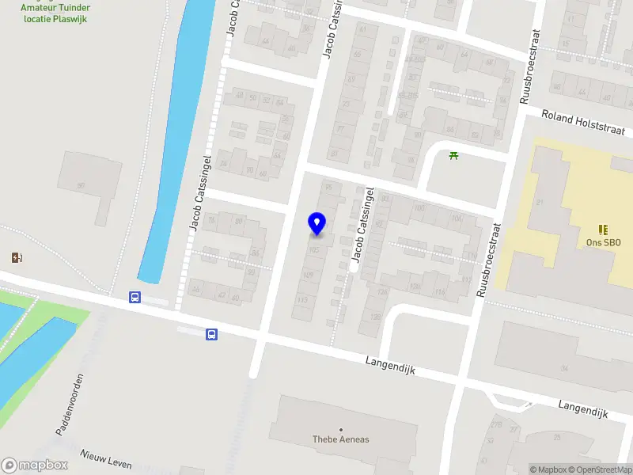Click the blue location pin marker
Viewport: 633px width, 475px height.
point(317,224)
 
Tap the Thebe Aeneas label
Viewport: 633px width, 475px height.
point(341,439)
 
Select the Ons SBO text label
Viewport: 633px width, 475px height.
point(603,243)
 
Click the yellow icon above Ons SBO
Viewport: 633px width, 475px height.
point(603,230)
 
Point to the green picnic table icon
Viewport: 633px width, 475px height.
point(453,155)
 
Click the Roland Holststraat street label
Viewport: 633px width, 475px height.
point(583,123)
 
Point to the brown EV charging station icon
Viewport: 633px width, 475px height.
point(17,256)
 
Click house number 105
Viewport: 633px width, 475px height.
point(315,249)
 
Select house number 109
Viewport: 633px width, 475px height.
point(308,275)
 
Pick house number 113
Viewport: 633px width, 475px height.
point(302,300)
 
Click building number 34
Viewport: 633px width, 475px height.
point(563,368)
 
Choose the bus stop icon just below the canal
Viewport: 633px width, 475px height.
point(135,298)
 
